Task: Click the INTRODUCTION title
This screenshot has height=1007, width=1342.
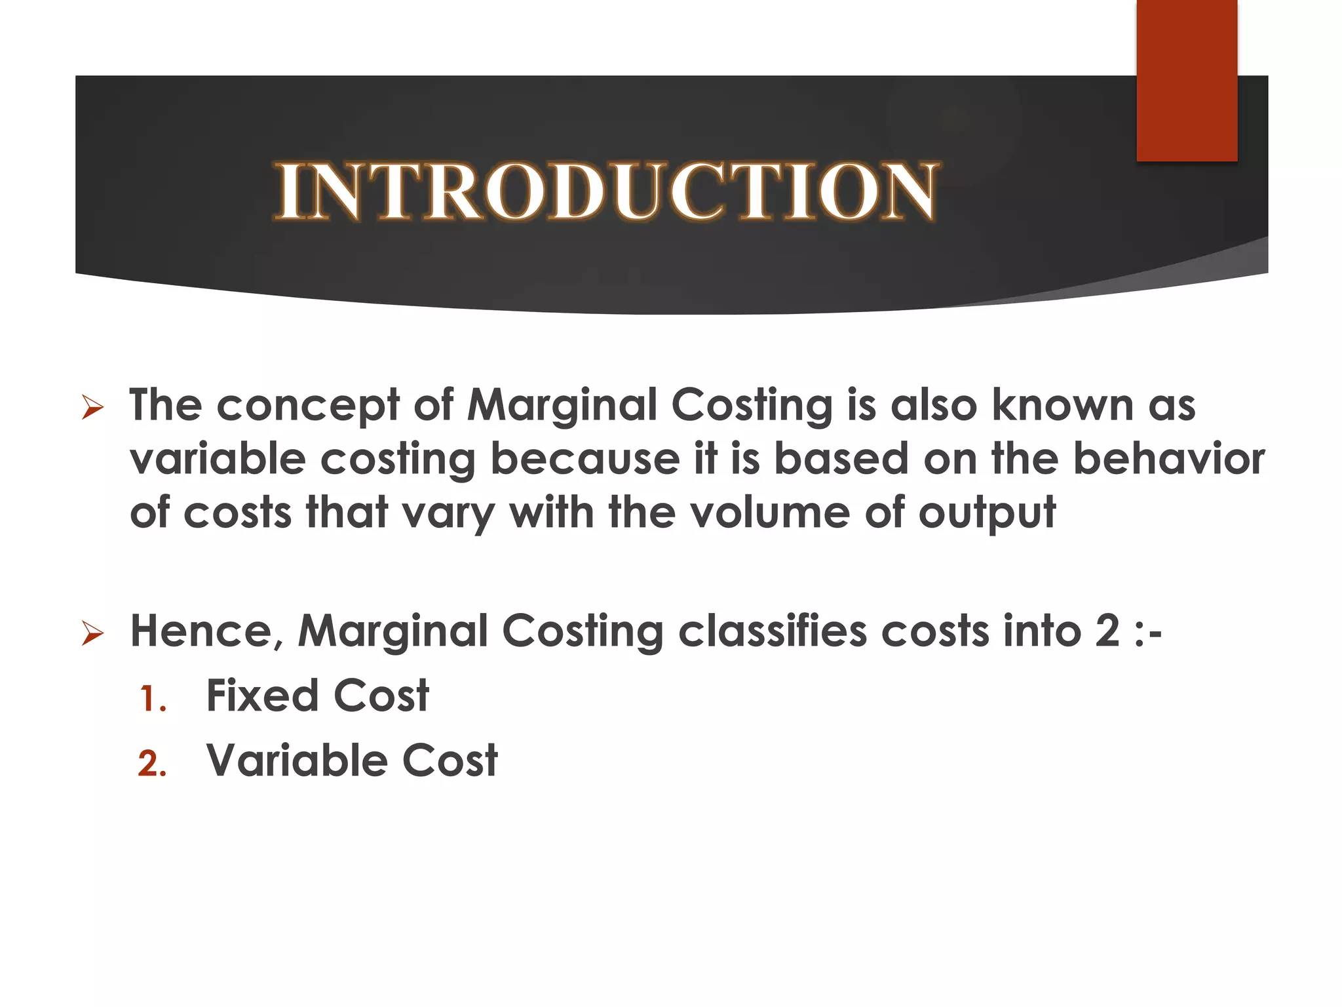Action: [606, 191]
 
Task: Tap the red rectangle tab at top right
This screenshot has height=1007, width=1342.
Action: [1187, 80]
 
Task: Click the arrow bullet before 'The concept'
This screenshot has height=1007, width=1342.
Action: [92, 408]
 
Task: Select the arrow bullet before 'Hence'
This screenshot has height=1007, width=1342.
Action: [92, 634]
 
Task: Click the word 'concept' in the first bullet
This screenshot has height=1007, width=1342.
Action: [307, 406]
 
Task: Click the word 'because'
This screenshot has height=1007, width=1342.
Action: [585, 459]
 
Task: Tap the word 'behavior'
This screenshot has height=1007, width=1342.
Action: [1168, 459]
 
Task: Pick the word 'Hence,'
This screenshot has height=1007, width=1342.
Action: [206, 633]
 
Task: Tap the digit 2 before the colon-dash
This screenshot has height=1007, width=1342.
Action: [1107, 632]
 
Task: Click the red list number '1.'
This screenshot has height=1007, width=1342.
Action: [153, 699]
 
